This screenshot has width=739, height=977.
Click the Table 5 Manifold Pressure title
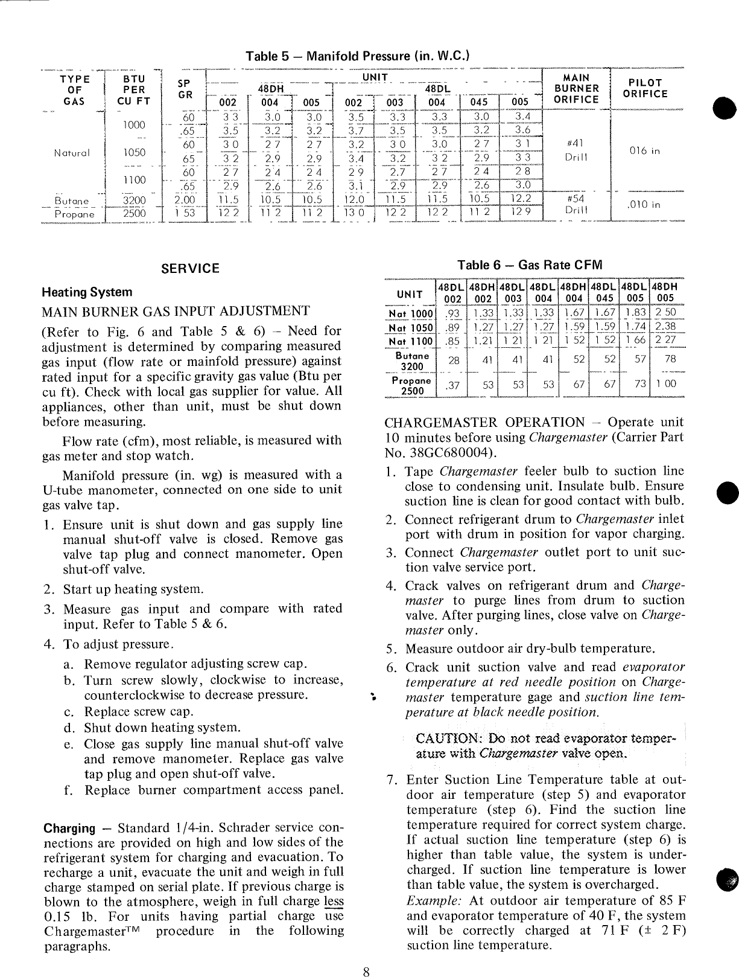coord(358,57)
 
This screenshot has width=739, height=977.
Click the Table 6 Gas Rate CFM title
coord(530,264)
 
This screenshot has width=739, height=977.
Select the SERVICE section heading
coord(191,269)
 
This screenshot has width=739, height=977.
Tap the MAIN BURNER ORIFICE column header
coord(576,89)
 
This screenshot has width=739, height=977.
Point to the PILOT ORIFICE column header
coord(645,88)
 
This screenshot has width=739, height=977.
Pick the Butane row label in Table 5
coord(71,201)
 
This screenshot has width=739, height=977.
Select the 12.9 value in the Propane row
coord(521,213)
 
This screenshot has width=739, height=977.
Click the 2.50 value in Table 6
coord(666,313)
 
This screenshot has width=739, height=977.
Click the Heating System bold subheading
coord(87,292)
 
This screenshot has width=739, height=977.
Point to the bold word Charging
coord(70,828)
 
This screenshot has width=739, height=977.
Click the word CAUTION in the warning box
coord(445,738)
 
